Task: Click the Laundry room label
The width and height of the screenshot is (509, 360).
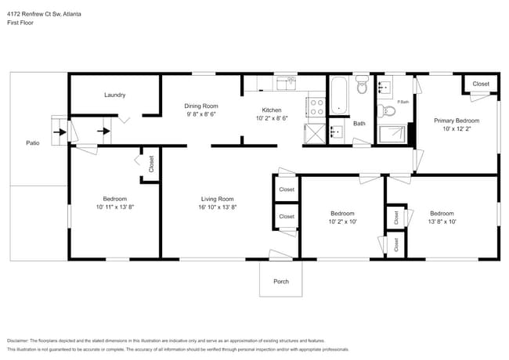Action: click(x=115, y=95)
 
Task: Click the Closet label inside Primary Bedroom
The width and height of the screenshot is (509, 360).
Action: click(x=480, y=84)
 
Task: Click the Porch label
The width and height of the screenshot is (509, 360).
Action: click(x=280, y=282)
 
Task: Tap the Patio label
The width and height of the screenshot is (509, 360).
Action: click(x=33, y=142)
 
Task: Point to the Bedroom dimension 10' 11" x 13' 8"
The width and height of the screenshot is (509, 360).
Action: click(x=114, y=207)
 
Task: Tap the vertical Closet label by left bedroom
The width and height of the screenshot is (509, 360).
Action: click(x=151, y=164)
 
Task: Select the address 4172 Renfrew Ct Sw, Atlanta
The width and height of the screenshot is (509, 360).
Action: click(x=45, y=14)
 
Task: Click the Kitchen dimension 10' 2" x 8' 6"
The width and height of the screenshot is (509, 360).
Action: click(x=272, y=119)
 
